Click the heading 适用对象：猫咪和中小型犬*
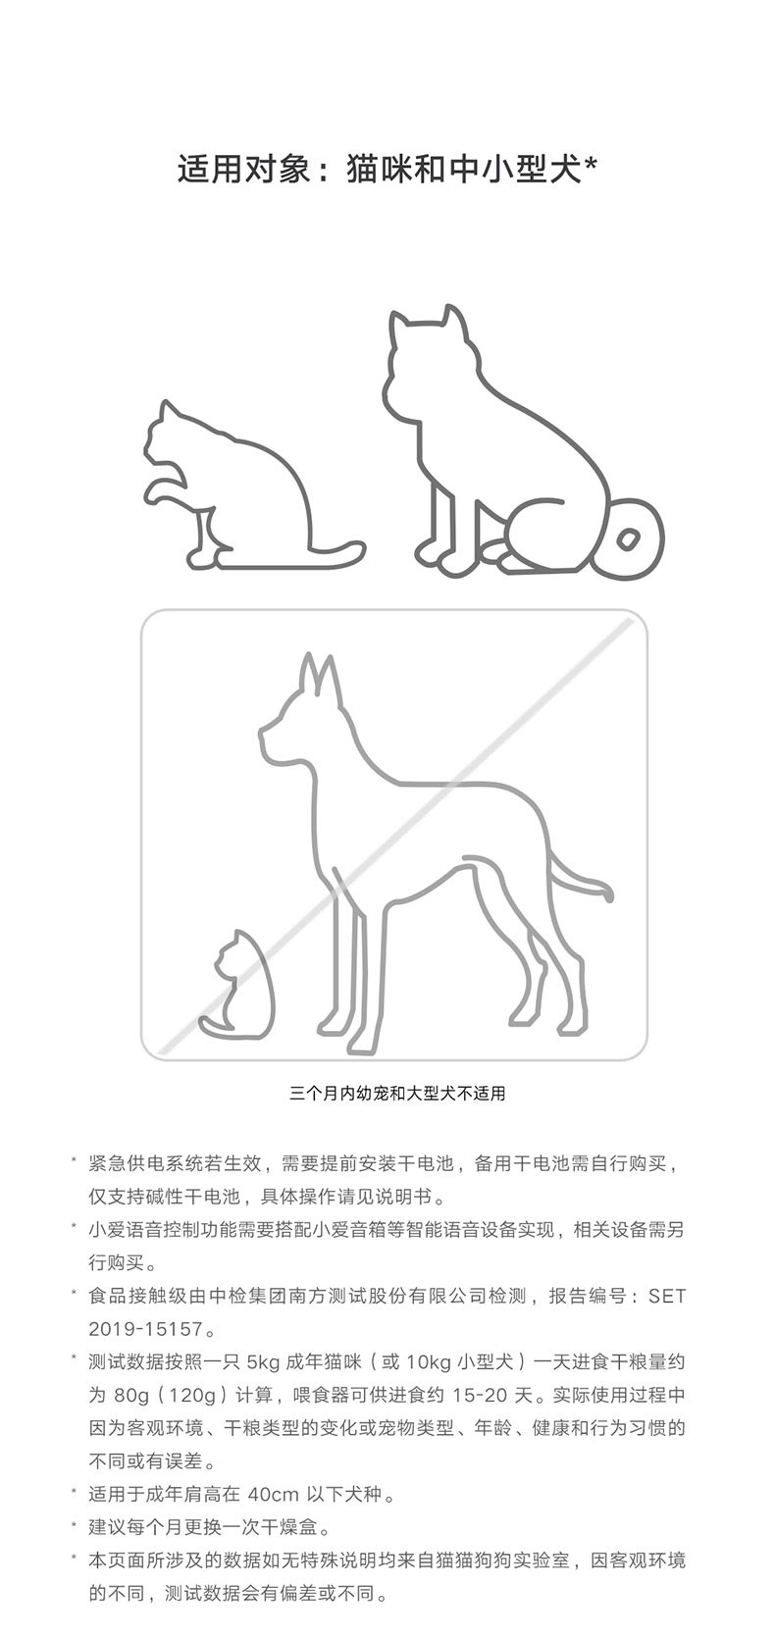pyautogui.click(x=387, y=169)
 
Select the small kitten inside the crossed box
pyautogui.click(x=236, y=984)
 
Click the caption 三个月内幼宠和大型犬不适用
pyautogui.click(x=397, y=1094)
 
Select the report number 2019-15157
pyautogui.click(x=145, y=1329)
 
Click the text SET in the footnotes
pyautogui.click(x=667, y=1296)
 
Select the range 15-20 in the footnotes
pyautogui.click(x=480, y=1395)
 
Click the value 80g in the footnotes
pyautogui.click(x=130, y=1395)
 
